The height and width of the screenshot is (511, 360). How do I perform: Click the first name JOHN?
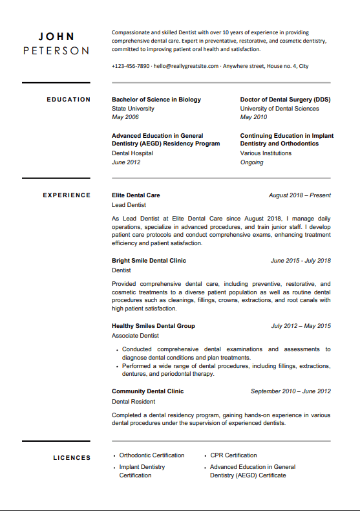pyautogui.click(x=56, y=37)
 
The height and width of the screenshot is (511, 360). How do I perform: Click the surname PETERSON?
pyautogui.click(x=56, y=50)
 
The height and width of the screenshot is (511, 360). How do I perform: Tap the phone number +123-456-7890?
pyautogui.click(x=131, y=66)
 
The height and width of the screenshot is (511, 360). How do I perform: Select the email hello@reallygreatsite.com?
pyautogui.click(x=187, y=66)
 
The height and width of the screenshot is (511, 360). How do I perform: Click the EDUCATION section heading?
pyautogui.click(x=69, y=100)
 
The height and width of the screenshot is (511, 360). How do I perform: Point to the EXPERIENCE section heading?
pyautogui.click(x=67, y=195)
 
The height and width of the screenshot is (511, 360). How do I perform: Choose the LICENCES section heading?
pyautogui.click(x=72, y=458)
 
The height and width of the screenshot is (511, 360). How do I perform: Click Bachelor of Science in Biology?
pyautogui.click(x=156, y=100)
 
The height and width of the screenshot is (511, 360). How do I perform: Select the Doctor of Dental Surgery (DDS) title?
pyautogui.click(x=285, y=100)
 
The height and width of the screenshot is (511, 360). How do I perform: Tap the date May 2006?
pyautogui.click(x=125, y=117)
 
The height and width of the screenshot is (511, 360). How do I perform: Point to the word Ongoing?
pyautogui.click(x=251, y=162)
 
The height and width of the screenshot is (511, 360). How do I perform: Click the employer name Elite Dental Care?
pyautogui.click(x=136, y=195)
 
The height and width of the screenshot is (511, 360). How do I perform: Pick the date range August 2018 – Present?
pyautogui.click(x=299, y=195)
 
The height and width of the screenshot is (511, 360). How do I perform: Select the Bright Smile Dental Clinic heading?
pyautogui.click(x=149, y=261)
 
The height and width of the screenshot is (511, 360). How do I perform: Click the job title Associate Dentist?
pyautogui.click(x=135, y=336)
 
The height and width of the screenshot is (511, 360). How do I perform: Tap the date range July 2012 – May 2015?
pyautogui.click(x=301, y=326)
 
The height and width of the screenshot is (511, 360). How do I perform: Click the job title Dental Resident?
pyautogui.click(x=132, y=401)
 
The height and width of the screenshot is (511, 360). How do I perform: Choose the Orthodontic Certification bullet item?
pyautogui.click(x=151, y=455)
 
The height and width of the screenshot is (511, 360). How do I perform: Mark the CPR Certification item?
pyautogui.click(x=233, y=455)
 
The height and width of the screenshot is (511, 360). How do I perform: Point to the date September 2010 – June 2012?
pyautogui.click(x=290, y=391)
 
